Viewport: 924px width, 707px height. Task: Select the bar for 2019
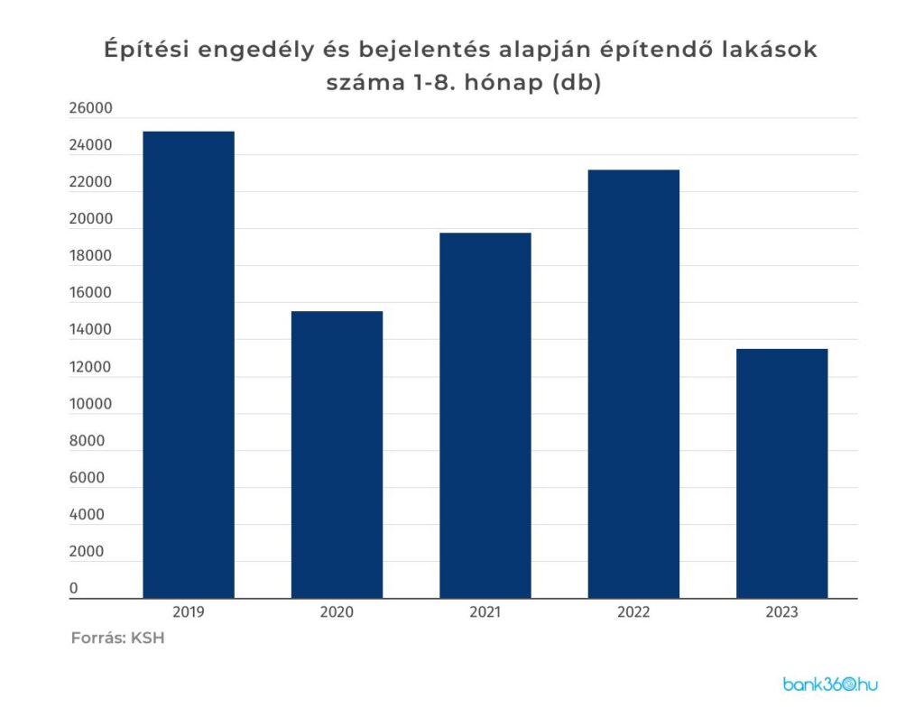click(189, 364)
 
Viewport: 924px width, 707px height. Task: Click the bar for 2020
click(337, 454)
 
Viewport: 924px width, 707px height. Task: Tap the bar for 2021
click(485, 415)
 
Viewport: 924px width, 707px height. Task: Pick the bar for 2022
click(633, 383)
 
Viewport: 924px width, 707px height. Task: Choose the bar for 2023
click(781, 473)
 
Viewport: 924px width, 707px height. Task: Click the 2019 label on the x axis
click(189, 611)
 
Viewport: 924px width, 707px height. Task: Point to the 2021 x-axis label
click(485, 611)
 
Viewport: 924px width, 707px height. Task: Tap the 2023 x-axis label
click(781, 611)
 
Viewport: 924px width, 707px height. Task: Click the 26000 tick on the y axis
click(89, 108)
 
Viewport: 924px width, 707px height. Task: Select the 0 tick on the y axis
click(74, 589)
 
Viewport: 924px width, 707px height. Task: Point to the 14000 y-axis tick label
click(89, 330)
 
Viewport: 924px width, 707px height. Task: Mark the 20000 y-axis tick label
click(89, 219)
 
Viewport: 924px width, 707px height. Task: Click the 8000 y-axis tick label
click(87, 441)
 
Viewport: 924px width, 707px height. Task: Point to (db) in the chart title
click(573, 84)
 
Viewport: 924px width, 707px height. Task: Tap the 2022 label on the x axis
click(633, 611)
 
